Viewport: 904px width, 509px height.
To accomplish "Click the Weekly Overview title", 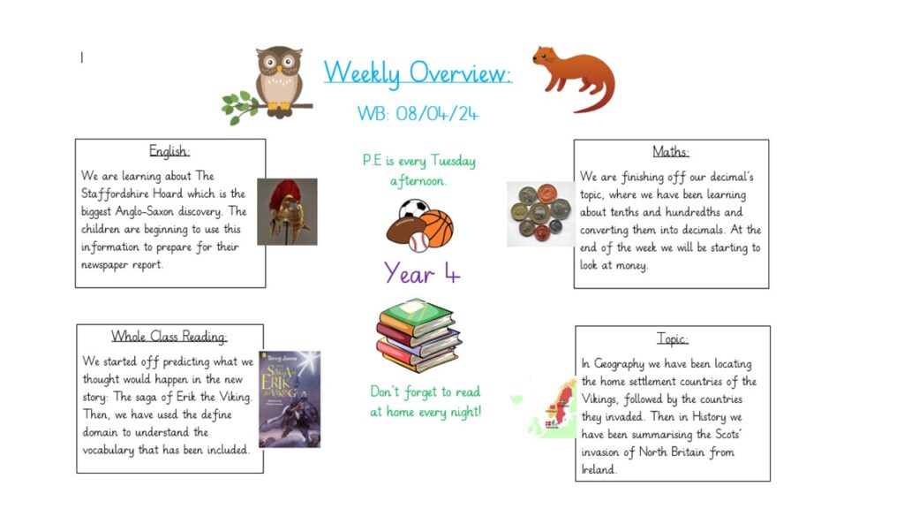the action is (x=418, y=73).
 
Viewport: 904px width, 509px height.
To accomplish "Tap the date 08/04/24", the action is (x=437, y=113).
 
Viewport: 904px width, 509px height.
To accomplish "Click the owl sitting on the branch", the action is (x=279, y=81).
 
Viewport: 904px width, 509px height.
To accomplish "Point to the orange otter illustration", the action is (x=574, y=78).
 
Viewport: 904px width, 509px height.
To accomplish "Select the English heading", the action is (x=169, y=151).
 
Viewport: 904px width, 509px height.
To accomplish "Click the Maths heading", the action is (x=671, y=152).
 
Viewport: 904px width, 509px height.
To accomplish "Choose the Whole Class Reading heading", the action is (x=169, y=336).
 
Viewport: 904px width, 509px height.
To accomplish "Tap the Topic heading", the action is (x=672, y=338).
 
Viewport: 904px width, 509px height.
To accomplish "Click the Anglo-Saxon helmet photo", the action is (x=287, y=212).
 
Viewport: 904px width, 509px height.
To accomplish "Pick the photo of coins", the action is (x=540, y=214).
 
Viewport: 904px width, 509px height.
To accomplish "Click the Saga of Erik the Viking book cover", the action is (x=290, y=399).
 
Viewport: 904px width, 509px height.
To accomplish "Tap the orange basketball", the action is (x=436, y=228).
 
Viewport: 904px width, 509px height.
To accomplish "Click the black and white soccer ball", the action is (x=413, y=209).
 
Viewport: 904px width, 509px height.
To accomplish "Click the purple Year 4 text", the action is (x=422, y=273).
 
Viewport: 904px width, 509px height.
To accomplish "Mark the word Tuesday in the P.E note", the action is (x=453, y=161).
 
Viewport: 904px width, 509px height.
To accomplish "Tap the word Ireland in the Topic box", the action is (x=599, y=470).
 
